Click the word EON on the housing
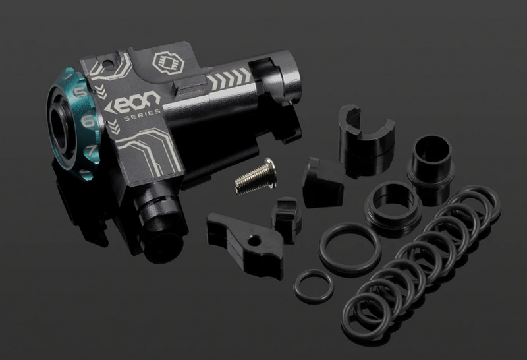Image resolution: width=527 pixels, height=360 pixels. (134, 104)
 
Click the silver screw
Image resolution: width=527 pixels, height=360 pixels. (253, 177)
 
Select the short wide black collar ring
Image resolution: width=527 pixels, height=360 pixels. (393, 204)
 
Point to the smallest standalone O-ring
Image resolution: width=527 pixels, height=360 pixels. (314, 285)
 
